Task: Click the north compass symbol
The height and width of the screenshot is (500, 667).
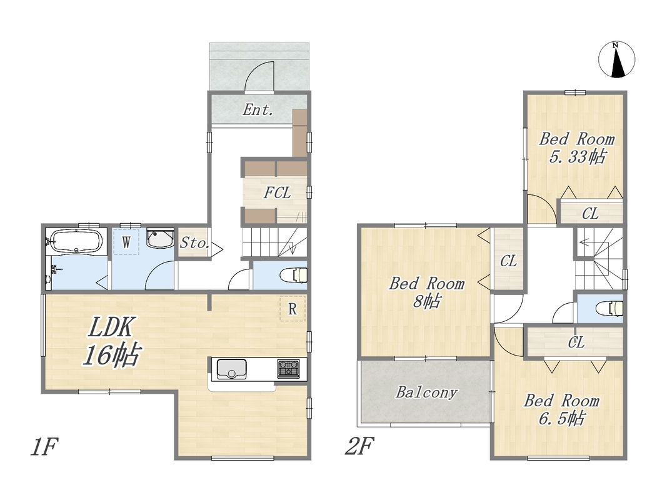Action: [616, 60]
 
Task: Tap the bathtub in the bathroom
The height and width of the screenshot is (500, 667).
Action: [76, 241]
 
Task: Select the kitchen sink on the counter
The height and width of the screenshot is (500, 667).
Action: [231, 369]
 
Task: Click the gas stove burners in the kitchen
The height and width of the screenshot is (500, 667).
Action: [288, 369]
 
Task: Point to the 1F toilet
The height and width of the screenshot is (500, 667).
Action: [294, 275]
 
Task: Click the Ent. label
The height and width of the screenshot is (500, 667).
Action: [258, 110]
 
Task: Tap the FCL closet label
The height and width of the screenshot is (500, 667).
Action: [277, 192]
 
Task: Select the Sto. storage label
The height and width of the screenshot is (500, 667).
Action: [194, 242]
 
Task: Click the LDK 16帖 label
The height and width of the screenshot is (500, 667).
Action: [111, 341]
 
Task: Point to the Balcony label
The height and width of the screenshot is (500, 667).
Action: [427, 392]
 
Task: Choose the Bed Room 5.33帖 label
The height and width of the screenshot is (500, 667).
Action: [577, 147]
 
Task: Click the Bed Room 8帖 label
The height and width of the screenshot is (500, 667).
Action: [427, 292]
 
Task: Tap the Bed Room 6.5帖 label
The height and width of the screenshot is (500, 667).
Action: [561, 409]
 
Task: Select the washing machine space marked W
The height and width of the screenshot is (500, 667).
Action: [126, 242]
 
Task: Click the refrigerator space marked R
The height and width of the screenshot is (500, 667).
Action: [293, 309]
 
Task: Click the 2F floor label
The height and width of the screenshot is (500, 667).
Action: [359, 446]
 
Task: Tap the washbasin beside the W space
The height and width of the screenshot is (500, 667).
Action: [160, 239]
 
